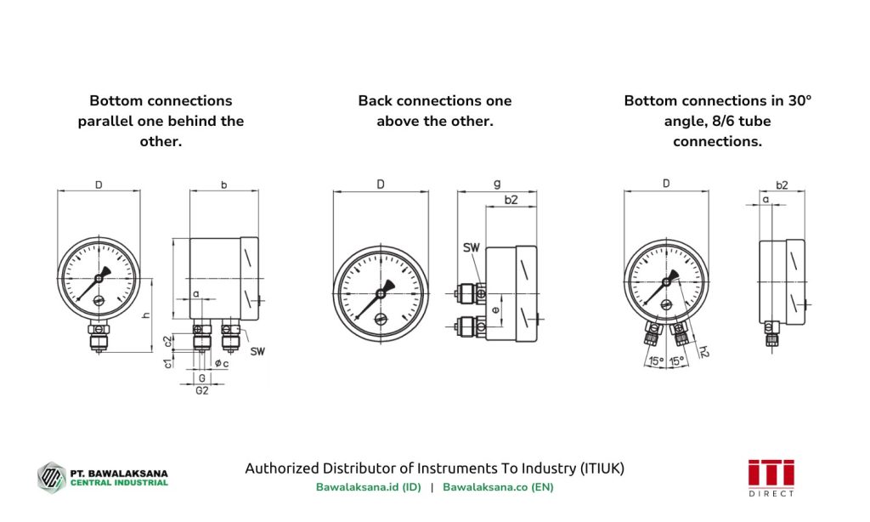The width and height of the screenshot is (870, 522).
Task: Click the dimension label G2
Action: pyautogui.click(x=201, y=390)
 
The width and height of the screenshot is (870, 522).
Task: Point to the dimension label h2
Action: pyautogui.click(x=703, y=349)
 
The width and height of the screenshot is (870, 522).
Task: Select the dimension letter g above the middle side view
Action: pyautogui.click(x=496, y=184)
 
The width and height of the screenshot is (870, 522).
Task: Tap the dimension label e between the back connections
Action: pyautogui.click(x=495, y=298)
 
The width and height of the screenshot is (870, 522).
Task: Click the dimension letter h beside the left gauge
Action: pyautogui.click(x=145, y=315)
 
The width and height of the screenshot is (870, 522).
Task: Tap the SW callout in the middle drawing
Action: pyautogui.click(x=471, y=247)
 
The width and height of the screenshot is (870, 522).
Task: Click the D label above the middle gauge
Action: pyautogui.click(x=381, y=184)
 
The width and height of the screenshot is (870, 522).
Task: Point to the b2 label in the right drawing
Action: pyautogui.click(x=782, y=184)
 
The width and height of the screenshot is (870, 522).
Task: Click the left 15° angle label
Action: pyautogui.click(x=656, y=361)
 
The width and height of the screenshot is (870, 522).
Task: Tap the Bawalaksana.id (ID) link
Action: pyautogui.click(x=368, y=487)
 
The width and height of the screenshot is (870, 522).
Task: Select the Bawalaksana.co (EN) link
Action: pyautogui.click(x=498, y=487)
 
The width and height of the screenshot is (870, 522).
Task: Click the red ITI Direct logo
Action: pyautogui.click(x=771, y=477)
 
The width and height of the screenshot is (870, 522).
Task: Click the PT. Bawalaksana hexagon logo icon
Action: pyautogui.click(x=51, y=476)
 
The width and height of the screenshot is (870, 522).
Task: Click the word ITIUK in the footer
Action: pyautogui.click(x=602, y=468)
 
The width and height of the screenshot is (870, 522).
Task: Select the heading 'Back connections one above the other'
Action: pyautogui.click(x=434, y=111)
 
